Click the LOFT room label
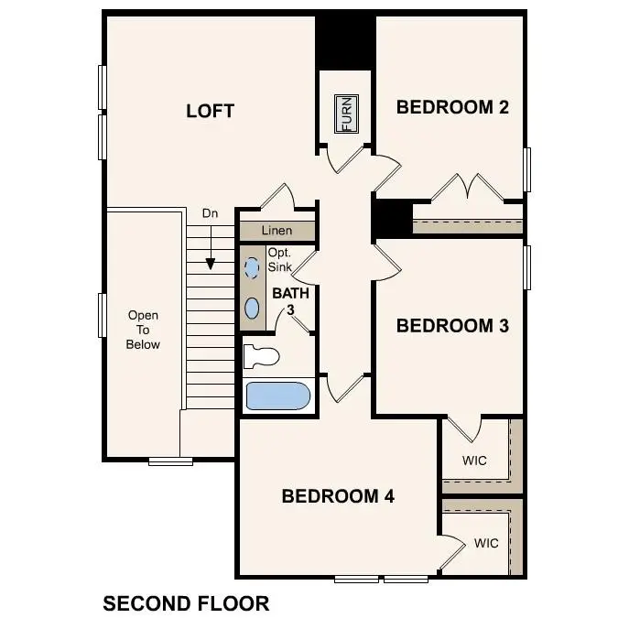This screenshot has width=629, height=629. [x=210, y=112]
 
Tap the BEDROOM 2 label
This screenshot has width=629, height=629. [x=451, y=107]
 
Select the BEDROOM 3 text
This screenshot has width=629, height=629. [x=451, y=325]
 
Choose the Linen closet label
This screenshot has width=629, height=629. [x=277, y=231]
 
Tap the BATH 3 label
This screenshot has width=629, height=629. [x=290, y=301]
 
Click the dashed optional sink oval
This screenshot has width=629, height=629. [x=252, y=267]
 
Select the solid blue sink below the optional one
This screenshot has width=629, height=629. [x=252, y=307]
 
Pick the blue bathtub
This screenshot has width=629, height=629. [x=278, y=396]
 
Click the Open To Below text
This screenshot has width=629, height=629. [x=144, y=330]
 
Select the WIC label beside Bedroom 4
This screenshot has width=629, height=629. [x=486, y=543]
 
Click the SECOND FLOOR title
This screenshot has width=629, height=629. [x=186, y=603]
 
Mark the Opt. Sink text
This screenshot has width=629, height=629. [x=279, y=260]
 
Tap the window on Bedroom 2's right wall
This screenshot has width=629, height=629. [x=527, y=169]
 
